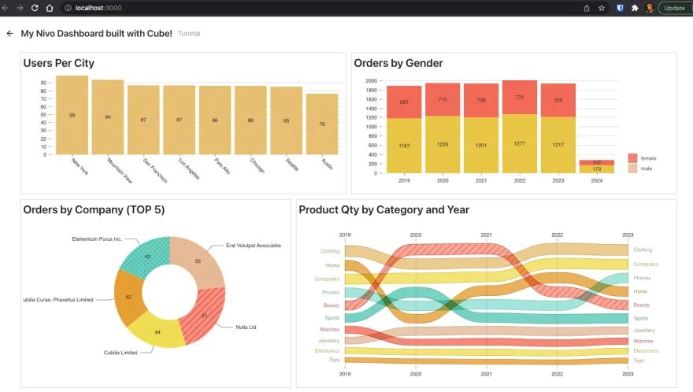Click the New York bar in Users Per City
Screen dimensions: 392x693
[x=72, y=115]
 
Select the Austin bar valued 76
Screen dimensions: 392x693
[x=322, y=124]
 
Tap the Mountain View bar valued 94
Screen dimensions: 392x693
[x=108, y=116]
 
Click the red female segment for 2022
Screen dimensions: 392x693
[x=519, y=97]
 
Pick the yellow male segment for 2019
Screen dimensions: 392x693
[x=404, y=146]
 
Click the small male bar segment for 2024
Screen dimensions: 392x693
[x=596, y=169]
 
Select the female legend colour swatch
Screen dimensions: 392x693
[x=632, y=157]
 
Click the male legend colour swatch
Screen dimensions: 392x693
[x=632, y=168]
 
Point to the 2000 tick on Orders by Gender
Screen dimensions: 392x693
[x=371, y=81]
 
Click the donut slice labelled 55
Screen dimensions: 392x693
[x=198, y=261]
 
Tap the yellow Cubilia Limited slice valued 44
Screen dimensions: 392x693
[x=157, y=332]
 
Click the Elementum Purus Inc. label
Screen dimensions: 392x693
[x=97, y=239]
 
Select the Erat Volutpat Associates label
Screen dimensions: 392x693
[x=253, y=246]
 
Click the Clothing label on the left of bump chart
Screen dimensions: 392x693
[x=330, y=251]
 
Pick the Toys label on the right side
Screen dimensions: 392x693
[x=639, y=361]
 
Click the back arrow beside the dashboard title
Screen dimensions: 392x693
[x=9, y=34]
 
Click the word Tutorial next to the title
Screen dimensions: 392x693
[x=189, y=34]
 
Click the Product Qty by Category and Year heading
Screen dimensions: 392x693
[x=384, y=209]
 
